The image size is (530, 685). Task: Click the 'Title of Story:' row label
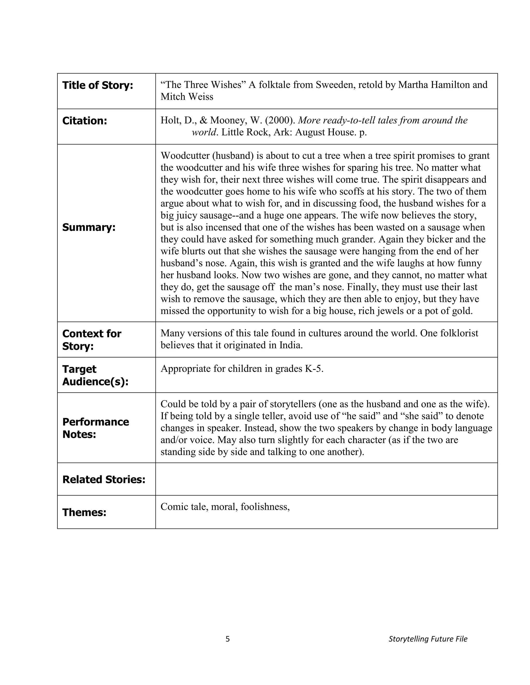[x=98, y=85]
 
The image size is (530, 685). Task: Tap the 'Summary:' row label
[x=89, y=227]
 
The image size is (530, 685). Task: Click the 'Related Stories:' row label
[x=104, y=479]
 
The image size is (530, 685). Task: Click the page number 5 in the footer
[x=228, y=639]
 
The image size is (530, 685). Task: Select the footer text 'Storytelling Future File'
[x=428, y=639]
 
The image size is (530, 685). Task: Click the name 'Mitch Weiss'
[x=187, y=97]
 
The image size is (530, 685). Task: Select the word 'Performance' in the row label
[x=95, y=422]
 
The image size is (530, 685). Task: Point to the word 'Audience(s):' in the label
[x=95, y=381]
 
